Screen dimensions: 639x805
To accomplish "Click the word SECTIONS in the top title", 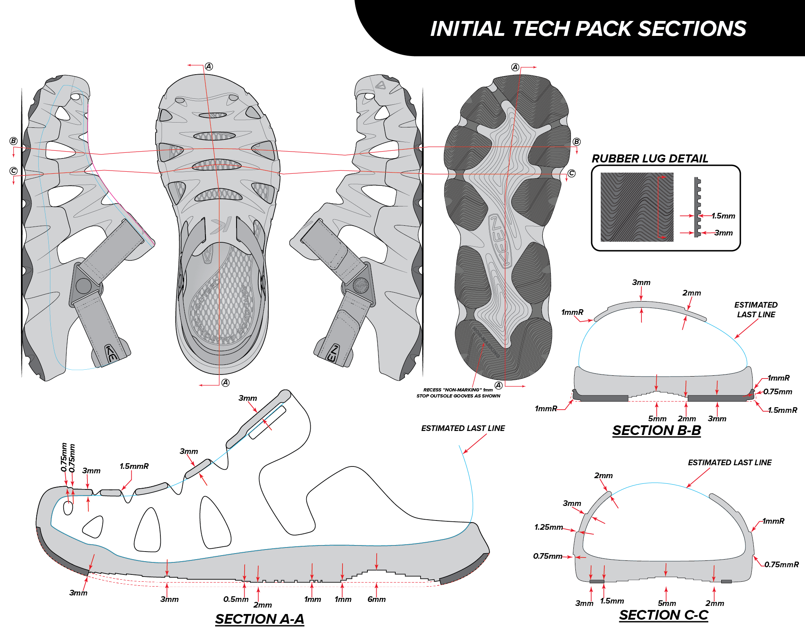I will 692,29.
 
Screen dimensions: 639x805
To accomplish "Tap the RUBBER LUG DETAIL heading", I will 649,158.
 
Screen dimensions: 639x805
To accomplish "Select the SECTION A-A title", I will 259,619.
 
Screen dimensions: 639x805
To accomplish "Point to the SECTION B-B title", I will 656,430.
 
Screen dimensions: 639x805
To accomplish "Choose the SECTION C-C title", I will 664,615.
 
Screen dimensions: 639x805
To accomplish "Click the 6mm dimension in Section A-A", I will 376,599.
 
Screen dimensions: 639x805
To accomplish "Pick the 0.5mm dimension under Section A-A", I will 236,599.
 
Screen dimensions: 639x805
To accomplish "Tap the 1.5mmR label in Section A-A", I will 134,466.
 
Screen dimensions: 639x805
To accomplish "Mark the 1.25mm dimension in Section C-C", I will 548,527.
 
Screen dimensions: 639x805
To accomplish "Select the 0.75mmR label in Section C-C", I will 781,564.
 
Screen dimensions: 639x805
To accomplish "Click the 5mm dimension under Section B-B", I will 657,419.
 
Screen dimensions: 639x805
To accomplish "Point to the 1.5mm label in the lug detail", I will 723,216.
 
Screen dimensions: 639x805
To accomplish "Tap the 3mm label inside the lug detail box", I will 724,233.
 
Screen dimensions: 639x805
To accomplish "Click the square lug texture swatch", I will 637,207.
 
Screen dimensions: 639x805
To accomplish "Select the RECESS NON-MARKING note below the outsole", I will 458,393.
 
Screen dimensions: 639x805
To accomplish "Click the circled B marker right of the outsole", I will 577,142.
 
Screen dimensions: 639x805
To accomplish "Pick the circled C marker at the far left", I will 14,171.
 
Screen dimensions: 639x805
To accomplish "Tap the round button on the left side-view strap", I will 83,286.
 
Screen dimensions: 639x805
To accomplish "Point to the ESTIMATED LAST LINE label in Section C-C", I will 729,462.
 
